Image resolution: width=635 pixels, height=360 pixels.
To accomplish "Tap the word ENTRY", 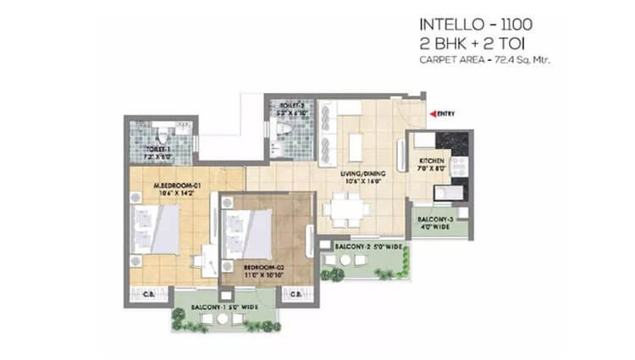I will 447,113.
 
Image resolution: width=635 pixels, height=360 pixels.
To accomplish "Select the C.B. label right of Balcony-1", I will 295,296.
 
